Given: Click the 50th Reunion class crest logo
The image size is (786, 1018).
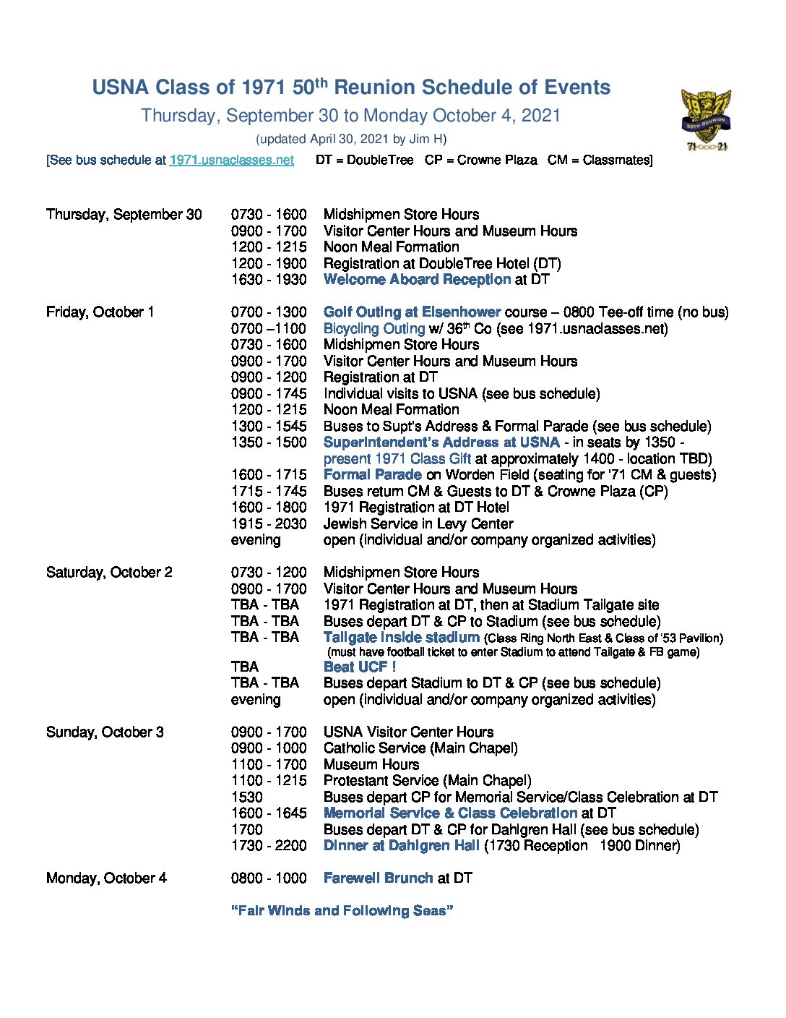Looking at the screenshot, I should pyautogui.click(x=706, y=119).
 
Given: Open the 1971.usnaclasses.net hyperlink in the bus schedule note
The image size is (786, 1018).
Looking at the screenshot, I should pyautogui.click(x=231, y=160).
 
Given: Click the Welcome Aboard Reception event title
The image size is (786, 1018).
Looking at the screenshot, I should pyautogui.click(x=417, y=279).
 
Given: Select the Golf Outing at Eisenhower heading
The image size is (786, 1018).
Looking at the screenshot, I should pyautogui.click(x=412, y=312).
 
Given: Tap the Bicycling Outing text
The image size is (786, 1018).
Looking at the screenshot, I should pyautogui.click(x=373, y=328).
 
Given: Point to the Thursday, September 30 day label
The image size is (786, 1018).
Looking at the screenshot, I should pyautogui.click(x=124, y=214).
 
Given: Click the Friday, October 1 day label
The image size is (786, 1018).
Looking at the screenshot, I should pyautogui.click(x=100, y=312).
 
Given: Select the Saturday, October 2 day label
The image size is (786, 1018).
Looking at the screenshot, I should pyautogui.click(x=109, y=572).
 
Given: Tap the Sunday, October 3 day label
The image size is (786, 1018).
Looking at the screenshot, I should pyautogui.click(x=105, y=732).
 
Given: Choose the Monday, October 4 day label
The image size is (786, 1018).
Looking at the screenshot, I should pyautogui.click(x=106, y=878).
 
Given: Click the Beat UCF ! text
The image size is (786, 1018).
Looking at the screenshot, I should pyautogui.click(x=360, y=667).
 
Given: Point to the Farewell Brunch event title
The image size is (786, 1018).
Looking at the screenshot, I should pyautogui.click(x=378, y=878).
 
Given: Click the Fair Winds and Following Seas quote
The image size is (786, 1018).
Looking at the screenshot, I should pyautogui.click(x=342, y=910).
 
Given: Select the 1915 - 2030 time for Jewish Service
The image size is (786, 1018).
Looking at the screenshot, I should pyautogui.click(x=269, y=523).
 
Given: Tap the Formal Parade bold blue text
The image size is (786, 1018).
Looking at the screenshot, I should pyautogui.click(x=372, y=474).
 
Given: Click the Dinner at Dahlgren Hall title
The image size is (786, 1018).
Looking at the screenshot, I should pyautogui.click(x=402, y=845).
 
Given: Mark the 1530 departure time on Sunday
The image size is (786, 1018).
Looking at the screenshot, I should pyautogui.click(x=247, y=797).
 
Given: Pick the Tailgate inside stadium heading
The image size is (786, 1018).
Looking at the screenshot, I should pyautogui.click(x=402, y=637).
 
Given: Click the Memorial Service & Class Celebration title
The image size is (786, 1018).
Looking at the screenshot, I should pyautogui.click(x=450, y=813).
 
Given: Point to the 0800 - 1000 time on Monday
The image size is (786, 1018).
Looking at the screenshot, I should pyautogui.click(x=269, y=878).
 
